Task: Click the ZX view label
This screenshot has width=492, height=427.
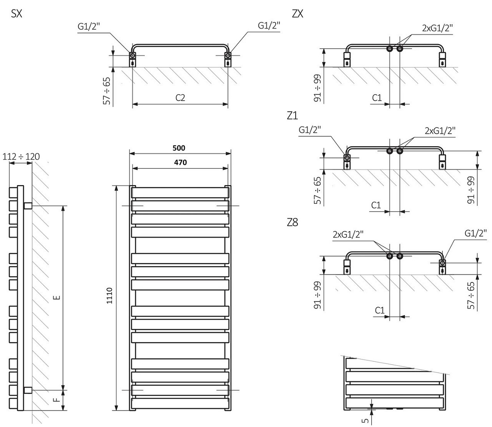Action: pyautogui.click(x=297, y=14)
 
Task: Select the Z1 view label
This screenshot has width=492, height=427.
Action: pyautogui.click(x=292, y=116)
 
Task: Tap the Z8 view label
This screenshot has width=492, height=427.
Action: pyautogui.click(x=292, y=222)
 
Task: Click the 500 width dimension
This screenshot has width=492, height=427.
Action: pyautogui.click(x=180, y=148)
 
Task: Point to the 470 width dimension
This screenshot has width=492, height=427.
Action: pyautogui.click(x=180, y=163)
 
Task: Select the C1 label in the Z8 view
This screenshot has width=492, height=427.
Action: pyautogui.click(x=380, y=310)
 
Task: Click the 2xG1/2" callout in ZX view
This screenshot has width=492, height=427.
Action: pyautogui.click(x=437, y=28)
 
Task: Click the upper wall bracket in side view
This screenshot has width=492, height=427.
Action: pyautogui.click(x=28, y=206)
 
